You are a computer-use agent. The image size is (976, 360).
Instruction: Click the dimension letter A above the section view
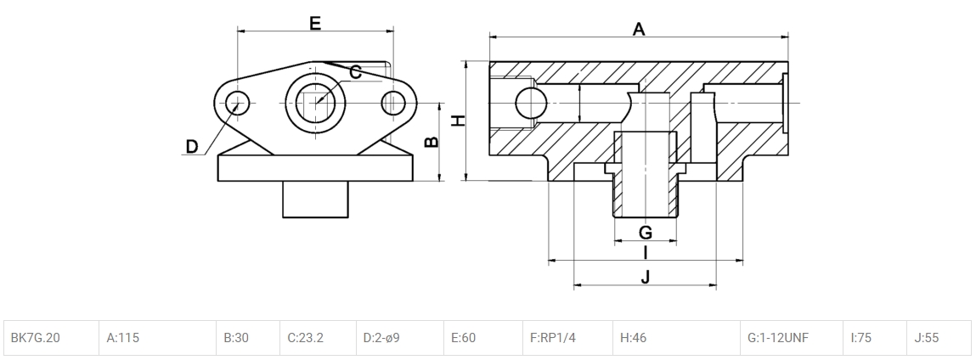639,30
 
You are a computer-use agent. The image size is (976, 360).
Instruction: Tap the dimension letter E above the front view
315,24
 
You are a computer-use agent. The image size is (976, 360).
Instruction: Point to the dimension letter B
432,142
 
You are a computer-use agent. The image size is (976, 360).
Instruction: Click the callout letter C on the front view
356,72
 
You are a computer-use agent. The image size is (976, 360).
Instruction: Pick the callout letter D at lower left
192,147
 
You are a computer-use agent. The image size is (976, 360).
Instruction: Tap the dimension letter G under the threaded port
645,232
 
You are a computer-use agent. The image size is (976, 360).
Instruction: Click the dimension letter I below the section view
646,252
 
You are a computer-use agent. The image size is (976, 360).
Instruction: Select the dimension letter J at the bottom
646,277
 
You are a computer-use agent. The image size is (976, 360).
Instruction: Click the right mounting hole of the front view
392,103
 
